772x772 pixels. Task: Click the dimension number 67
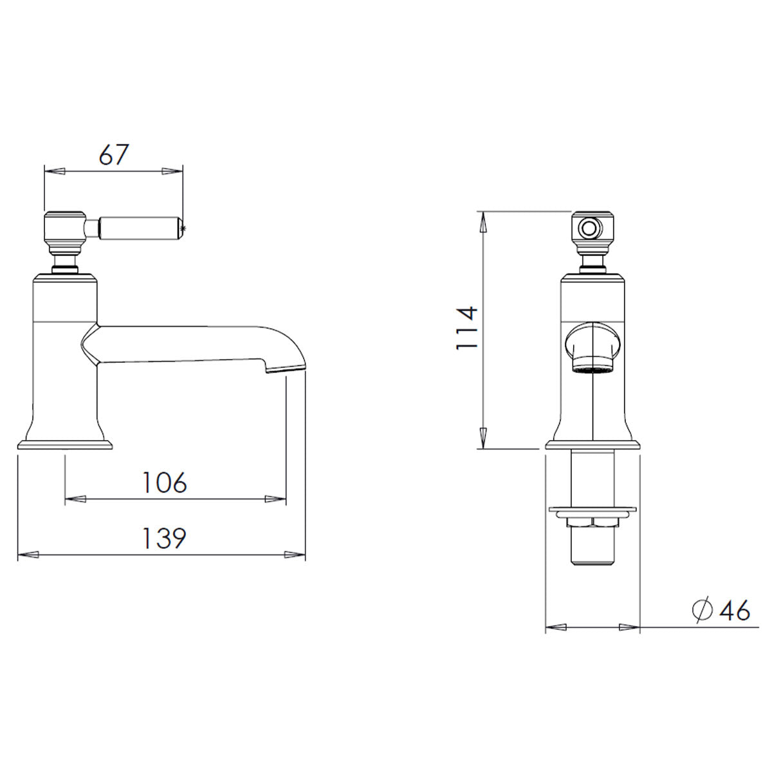(x=113, y=155)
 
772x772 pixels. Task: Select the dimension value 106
(x=164, y=482)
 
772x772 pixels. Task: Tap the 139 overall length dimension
(x=164, y=538)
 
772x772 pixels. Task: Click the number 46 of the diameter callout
(x=735, y=611)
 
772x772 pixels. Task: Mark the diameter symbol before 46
(x=703, y=611)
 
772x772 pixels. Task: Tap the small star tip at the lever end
(x=185, y=228)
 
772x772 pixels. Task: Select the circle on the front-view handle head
(x=587, y=228)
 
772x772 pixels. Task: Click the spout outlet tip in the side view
(x=285, y=369)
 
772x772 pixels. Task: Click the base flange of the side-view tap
(x=65, y=445)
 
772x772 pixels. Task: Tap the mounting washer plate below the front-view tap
(x=593, y=511)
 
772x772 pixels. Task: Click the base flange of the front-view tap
(x=593, y=445)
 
